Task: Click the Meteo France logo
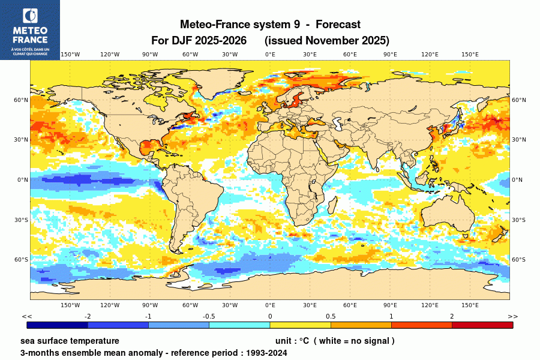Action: (x=29, y=29)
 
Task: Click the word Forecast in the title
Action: (x=338, y=25)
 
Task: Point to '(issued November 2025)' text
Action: (x=327, y=41)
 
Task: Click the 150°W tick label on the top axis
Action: (x=70, y=55)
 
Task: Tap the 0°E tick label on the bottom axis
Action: (x=270, y=305)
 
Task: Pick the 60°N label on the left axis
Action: (x=22, y=100)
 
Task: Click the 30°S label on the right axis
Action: (x=518, y=220)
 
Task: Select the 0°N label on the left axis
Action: (x=23, y=179)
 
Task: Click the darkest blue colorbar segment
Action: (x=58, y=325)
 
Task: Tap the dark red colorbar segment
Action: (x=482, y=325)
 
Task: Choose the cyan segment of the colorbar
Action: (x=239, y=325)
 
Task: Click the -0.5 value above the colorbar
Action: (x=209, y=316)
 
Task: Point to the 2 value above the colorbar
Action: (x=452, y=316)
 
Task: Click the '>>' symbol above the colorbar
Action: (x=512, y=316)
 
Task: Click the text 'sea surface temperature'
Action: (x=70, y=341)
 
